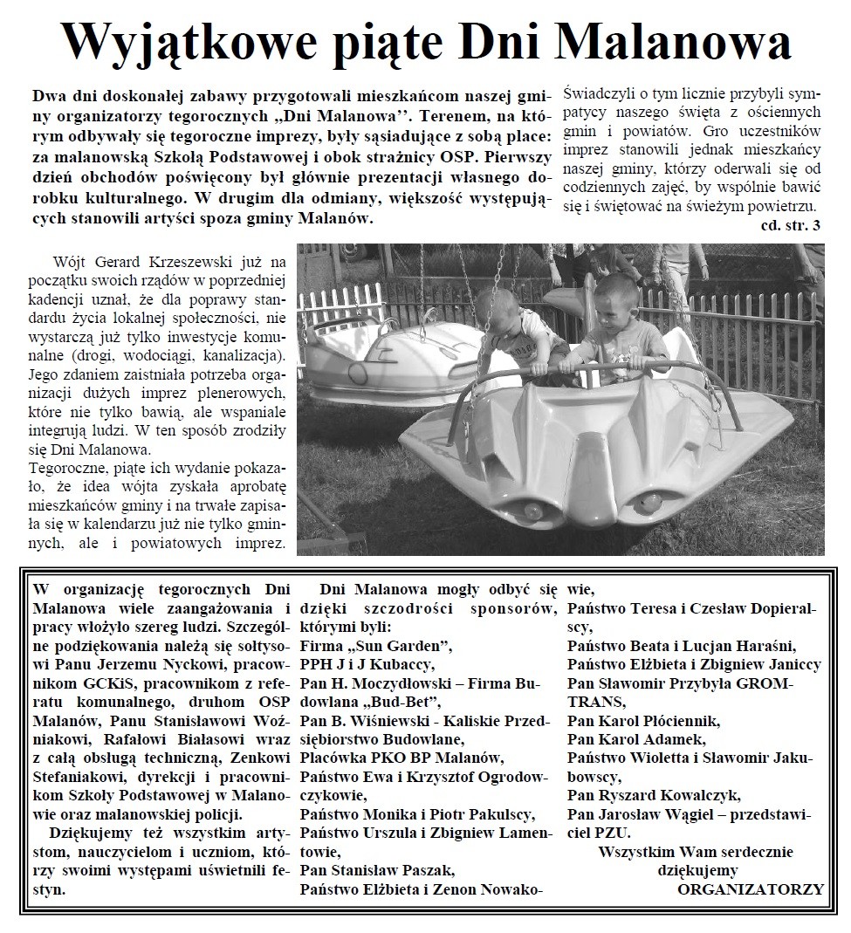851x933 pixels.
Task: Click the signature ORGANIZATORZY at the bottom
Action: click(750, 889)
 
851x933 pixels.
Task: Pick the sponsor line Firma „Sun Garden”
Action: click(375, 646)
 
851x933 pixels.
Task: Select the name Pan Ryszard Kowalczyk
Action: click(654, 795)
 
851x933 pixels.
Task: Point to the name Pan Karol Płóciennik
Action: click(643, 721)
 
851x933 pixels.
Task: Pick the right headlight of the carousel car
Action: click(650, 502)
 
